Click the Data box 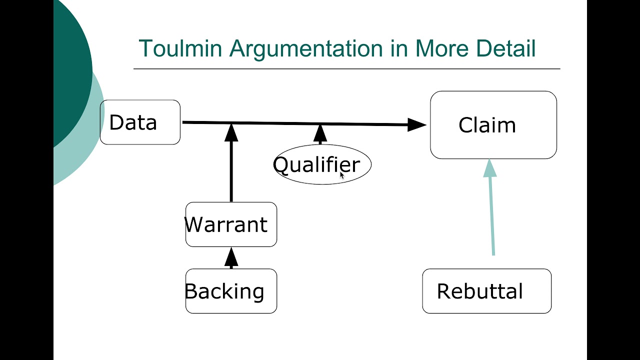[140, 122]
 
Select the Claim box [493, 125]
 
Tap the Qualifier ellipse [322, 164]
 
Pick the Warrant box [231, 224]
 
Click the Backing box [231, 291]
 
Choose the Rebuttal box [486, 291]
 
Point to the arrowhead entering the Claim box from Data [416, 125]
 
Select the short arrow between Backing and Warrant [231, 257]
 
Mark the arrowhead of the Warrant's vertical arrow [231, 132]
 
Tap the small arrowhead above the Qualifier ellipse [320, 133]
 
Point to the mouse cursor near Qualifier [342, 174]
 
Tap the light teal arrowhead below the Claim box [490, 168]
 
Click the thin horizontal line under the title [346, 68]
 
